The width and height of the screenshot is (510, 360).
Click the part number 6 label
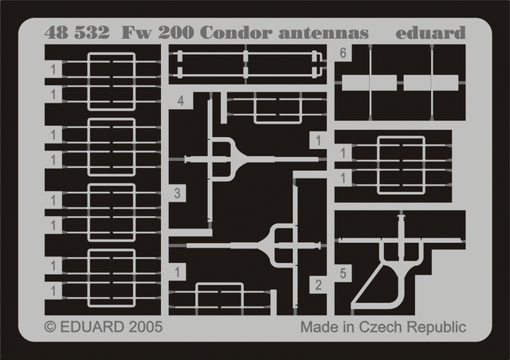343,53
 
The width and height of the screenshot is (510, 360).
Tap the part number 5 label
343,273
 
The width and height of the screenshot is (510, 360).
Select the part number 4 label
181,101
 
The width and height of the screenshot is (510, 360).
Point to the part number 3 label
177,194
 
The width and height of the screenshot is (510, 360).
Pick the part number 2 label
318,285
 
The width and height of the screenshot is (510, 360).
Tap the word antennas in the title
324,33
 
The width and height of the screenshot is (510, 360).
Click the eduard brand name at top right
430,33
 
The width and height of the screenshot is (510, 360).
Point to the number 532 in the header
92,33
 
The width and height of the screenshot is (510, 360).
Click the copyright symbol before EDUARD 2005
49,327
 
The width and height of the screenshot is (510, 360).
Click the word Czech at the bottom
381,327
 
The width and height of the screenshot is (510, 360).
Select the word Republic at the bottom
437,327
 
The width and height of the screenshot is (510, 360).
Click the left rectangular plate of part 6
369,83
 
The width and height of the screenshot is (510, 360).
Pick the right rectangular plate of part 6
431,83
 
